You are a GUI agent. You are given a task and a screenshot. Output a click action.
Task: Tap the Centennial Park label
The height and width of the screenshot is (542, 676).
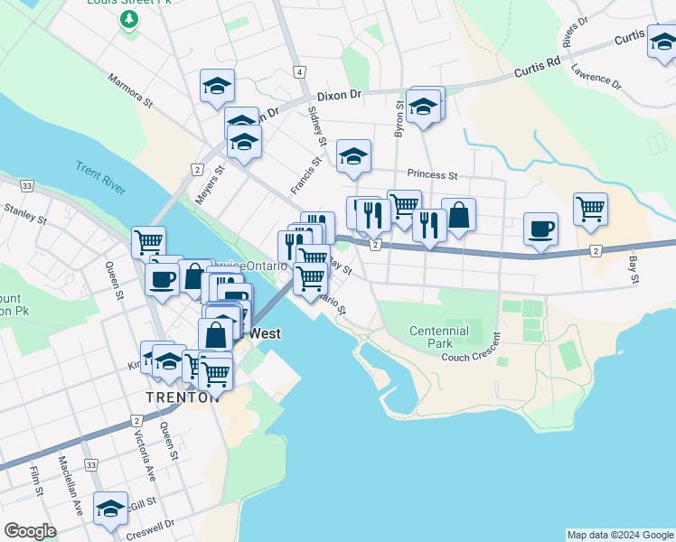[439, 337]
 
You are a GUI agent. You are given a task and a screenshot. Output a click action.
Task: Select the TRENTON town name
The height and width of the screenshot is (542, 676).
[182, 397]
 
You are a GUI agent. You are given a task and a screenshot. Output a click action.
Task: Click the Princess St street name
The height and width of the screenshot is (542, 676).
[432, 174]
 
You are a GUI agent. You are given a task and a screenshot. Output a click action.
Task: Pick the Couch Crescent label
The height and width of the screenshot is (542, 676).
[471, 357]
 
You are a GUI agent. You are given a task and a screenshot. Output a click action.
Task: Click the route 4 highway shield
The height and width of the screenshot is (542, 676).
[297, 71]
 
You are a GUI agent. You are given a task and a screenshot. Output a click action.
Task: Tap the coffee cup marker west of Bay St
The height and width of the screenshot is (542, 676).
[540, 228]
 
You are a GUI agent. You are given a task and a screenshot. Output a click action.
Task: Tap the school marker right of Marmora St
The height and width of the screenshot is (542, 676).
[218, 85]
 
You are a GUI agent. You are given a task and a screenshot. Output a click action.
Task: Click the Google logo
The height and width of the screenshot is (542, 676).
[30, 531]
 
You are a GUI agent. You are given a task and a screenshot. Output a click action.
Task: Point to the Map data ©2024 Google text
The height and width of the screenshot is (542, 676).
[619, 535]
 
